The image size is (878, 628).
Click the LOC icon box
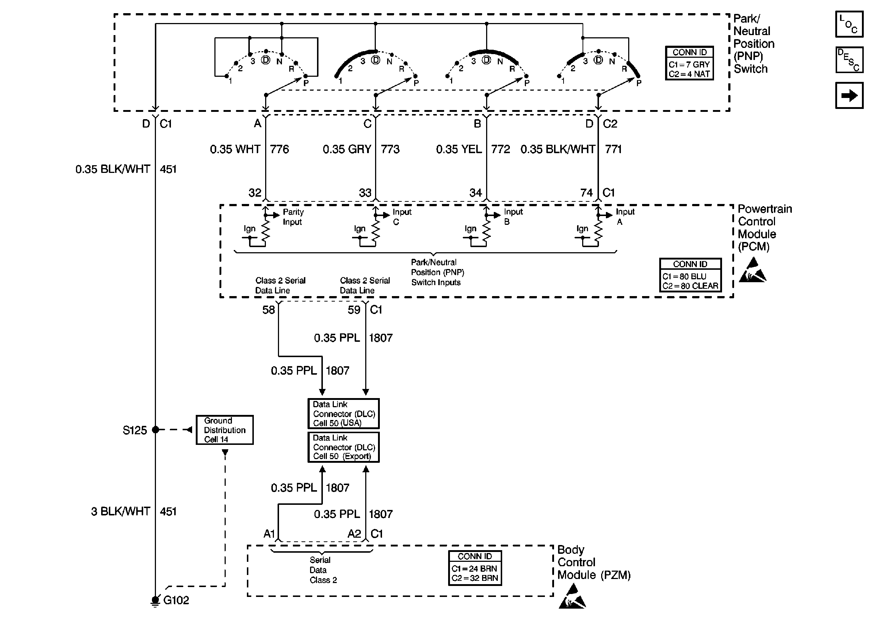[849, 24]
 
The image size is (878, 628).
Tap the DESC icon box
[849, 60]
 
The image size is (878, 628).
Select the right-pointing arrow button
[849, 95]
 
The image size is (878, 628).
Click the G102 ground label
[176, 600]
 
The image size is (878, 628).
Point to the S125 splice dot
[155, 430]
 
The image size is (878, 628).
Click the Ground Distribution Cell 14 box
[224, 430]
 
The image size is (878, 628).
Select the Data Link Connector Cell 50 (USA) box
[343, 414]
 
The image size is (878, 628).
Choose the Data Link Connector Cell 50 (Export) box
[343, 447]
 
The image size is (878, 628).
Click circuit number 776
[279, 149]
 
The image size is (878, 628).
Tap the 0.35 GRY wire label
[347, 149]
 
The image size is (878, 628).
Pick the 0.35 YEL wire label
[459, 149]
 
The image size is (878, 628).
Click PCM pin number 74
[586, 193]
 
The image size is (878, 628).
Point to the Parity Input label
[293, 217]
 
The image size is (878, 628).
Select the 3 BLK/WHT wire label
[121, 511]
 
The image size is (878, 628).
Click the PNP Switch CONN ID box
[690, 63]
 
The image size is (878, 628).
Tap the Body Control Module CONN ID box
[475, 568]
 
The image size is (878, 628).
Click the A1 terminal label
[269, 534]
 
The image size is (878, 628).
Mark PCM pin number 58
[269, 310]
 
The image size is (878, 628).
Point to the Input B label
[513, 217]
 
